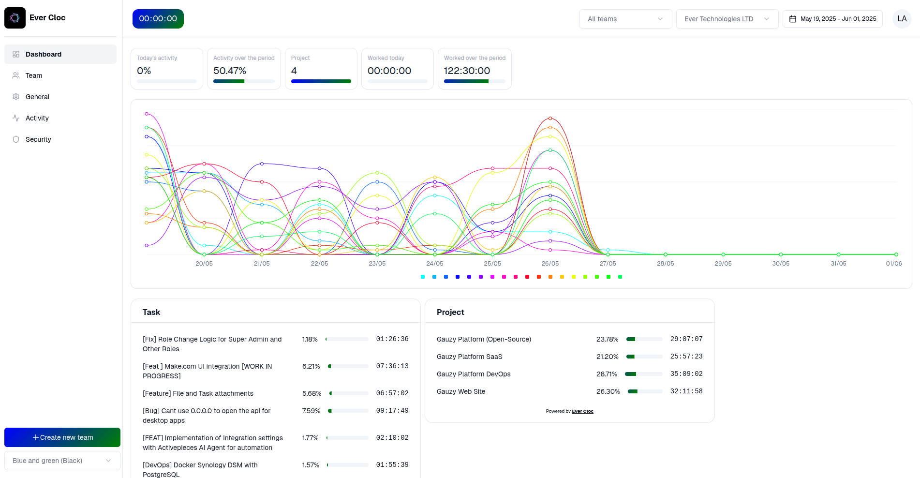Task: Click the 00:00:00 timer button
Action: tap(158, 19)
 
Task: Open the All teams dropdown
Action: tap(625, 19)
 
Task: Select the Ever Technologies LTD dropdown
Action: tap(727, 19)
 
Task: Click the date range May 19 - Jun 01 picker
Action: tap(832, 19)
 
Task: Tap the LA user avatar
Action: tap(902, 19)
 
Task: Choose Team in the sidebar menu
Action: tap(34, 75)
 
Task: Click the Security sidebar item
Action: tap(38, 139)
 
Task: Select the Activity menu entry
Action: tap(37, 118)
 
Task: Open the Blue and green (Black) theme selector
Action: tap(62, 461)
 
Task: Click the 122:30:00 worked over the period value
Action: tap(467, 71)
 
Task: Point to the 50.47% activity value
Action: tap(230, 71)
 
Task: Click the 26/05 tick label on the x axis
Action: tap(550, 264)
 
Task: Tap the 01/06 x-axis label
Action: tap(893, 264)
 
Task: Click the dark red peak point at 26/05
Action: tap(550, 118)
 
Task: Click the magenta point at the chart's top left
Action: tap(147, 114)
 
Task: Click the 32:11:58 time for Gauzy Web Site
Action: tap(686, 391)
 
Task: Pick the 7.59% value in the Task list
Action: tap(311, 411)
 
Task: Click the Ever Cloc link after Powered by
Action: tap(582, 411)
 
